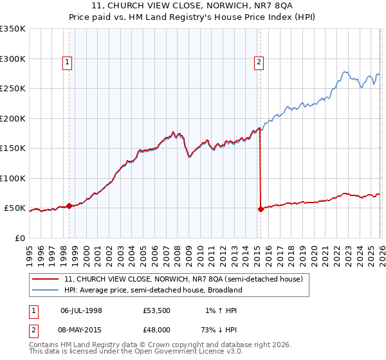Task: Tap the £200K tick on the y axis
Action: (x=13, y=118)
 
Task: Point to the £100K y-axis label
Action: (x=13, y=178)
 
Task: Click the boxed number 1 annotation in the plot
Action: (x=68, y=62)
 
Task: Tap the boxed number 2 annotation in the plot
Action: (x=258, y=62)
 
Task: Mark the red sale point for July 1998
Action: (x=69, y=206)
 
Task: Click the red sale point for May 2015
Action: (x=261, y=209)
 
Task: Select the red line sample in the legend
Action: (x=46, y=279)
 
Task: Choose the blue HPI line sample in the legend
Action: (x=46, y=290)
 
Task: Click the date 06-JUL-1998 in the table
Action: (x=81, y=310)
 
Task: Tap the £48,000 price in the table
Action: (x=157, y=329)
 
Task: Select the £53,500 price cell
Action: (x=157, y=310)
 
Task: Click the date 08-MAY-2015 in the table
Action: (x=81, y=329)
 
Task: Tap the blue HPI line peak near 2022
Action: (x=345, y=72)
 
